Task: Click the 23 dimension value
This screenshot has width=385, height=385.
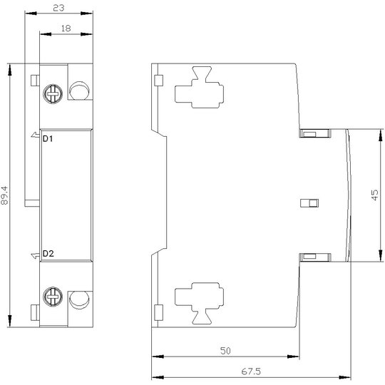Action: click(59, 8)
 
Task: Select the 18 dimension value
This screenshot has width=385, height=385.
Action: click(66, 29)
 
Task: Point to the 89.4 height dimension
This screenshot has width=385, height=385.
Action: click(5, 195)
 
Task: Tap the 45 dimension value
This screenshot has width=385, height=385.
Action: click(375, 195)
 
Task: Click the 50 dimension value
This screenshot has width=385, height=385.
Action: click(225, 351)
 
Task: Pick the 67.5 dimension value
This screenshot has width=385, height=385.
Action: click(251, 371)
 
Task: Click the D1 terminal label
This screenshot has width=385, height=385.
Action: click(48, 139)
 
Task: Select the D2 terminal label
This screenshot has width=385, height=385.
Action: click(48, 254)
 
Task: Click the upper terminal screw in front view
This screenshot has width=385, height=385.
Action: click(53, 93)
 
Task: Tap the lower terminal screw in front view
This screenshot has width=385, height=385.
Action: click(53, 297)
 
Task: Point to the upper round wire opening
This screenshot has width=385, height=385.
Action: click(79, 91)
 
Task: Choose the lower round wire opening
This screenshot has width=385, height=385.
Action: click(79, 300)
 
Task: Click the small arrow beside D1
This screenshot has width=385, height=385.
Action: click(36, 135)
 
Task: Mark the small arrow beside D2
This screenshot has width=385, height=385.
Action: click(36, 256)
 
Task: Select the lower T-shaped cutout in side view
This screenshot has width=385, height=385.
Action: click(199, 304)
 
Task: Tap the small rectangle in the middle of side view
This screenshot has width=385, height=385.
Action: click(309, 203)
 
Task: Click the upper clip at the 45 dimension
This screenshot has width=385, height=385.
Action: click(315, 133)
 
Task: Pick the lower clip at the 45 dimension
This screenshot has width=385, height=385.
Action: click(315, 257)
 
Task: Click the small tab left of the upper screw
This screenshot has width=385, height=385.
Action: click(35, 81)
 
